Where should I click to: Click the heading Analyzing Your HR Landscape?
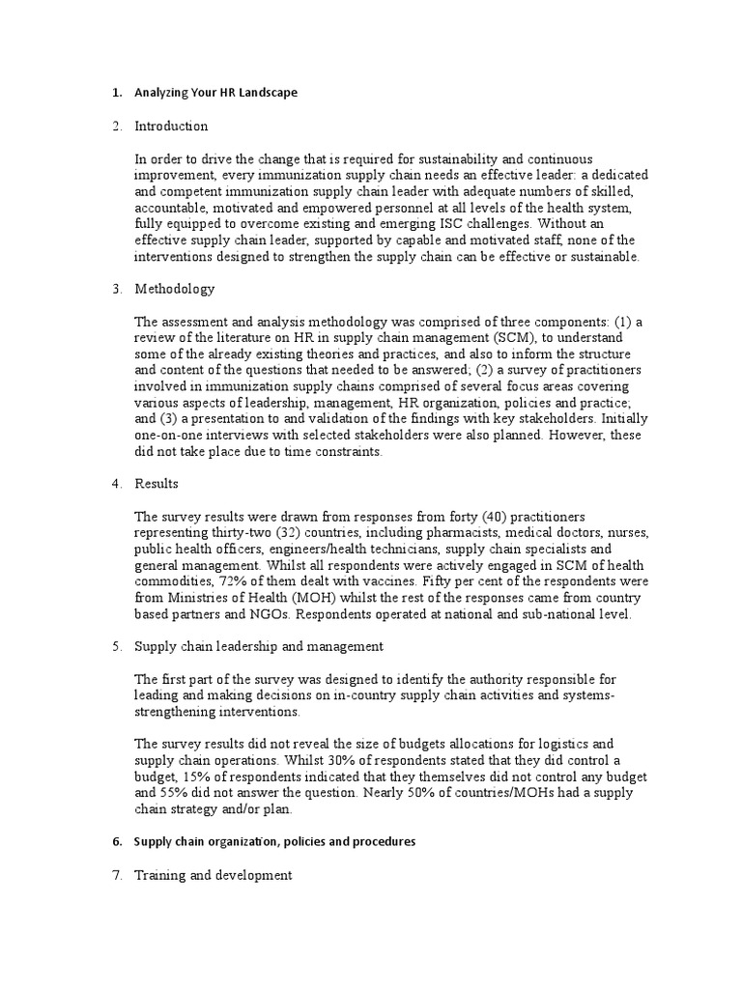(215, 93)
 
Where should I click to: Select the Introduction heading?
(171, 126)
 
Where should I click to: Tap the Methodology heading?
(174, 289)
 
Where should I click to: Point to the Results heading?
(157, 483)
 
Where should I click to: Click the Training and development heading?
(213, 875)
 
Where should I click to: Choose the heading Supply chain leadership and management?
(259, 646)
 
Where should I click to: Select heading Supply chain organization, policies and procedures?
(274, 841)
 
